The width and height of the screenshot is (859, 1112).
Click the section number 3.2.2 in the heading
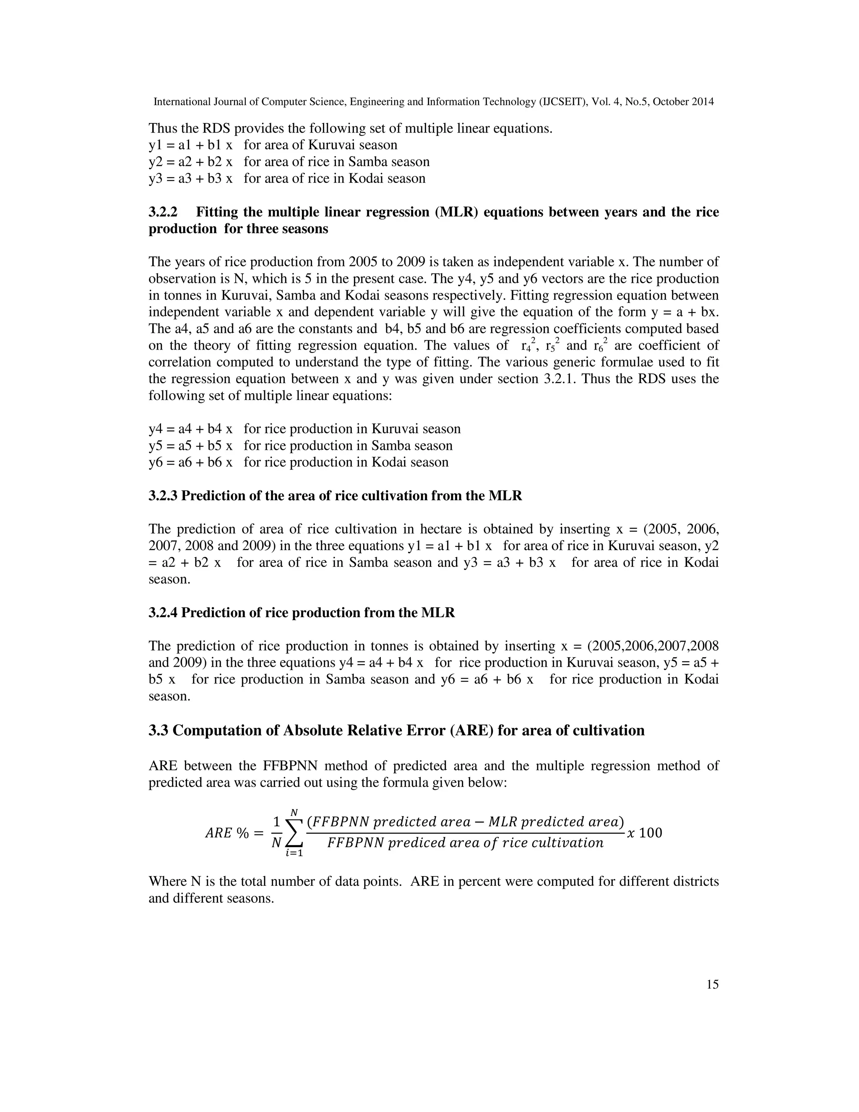coord(167,212)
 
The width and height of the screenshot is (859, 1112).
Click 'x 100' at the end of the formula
coord(644,833)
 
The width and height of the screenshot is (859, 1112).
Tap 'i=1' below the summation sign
coord(294,854)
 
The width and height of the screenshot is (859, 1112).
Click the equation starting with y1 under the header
coord(190,145)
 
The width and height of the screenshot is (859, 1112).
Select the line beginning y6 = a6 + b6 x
coord(190,462)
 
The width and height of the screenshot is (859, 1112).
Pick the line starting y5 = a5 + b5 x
coord(190,446)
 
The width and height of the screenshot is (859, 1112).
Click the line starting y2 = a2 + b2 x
coord(190,162)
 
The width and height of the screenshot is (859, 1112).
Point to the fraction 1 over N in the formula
coord(276,833)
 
